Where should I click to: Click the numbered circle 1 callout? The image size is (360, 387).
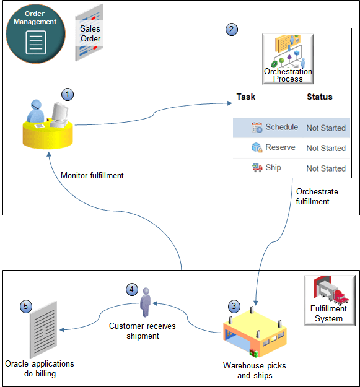point(68,94)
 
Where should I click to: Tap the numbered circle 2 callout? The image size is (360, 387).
point(232,29)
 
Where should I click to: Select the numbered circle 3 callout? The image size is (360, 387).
point(233,306)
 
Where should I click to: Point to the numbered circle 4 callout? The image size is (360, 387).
point(131,289)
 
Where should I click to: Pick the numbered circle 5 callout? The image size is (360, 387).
point(25,307)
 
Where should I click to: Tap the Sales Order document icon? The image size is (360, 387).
point(89,33)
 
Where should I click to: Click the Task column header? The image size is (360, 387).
point(245,97)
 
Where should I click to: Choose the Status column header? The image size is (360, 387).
point(319,97)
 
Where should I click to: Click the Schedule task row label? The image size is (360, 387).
point(281,127)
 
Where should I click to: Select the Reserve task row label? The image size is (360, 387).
point(280,147)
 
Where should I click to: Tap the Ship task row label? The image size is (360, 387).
point(273,168)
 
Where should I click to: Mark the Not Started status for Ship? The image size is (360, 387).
point(326,168)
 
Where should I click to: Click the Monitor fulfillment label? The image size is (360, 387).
point(92,175)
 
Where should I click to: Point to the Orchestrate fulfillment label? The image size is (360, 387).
point(317,196)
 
